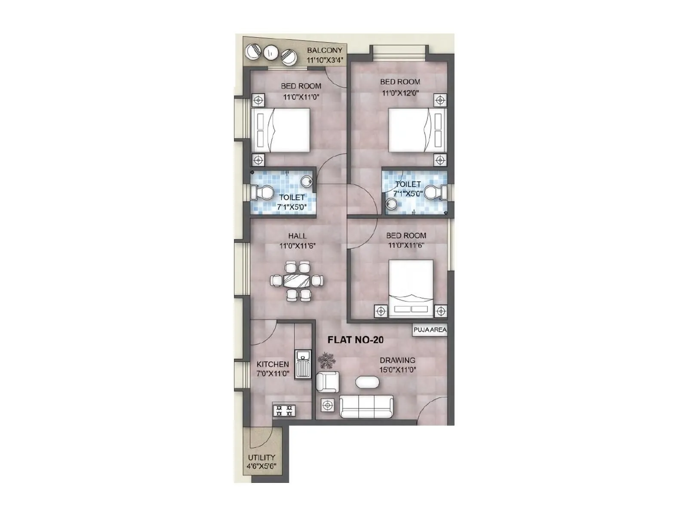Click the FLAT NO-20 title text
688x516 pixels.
click(x=355, y=340)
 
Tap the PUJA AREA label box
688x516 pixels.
click(x=430, y=330)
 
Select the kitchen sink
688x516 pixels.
click(x=303, y=364)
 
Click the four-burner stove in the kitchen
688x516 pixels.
click(x=284, y=410)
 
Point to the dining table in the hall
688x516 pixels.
click(x=297, y=281)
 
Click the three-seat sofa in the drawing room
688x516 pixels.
click(x=366, y=406)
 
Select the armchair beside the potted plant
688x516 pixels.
click(x=327, y=382)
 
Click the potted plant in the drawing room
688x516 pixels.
click(x=328, y=361)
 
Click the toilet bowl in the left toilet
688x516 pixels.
click(x=264, y=192)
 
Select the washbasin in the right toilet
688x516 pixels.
click(x=391, y=205)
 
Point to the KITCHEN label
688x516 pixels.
click(x=273, y=364)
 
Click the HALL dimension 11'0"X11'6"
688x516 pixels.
click(x=298, y=246)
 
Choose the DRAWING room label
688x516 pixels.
click(x=397, y=360)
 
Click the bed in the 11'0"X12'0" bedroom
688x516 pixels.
click(x=417, y=130)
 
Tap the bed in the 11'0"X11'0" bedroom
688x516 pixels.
click(x=280, y=130)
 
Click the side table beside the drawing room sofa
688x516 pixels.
click(x=328, y=405)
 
